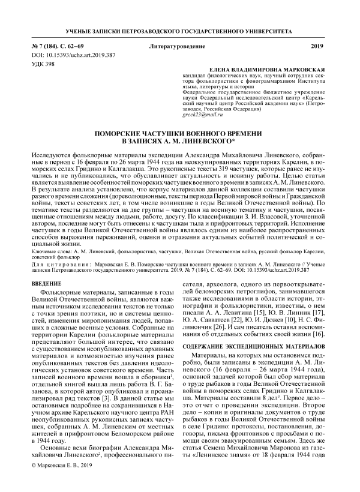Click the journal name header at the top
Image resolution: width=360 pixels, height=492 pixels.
(x=180, y=30)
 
